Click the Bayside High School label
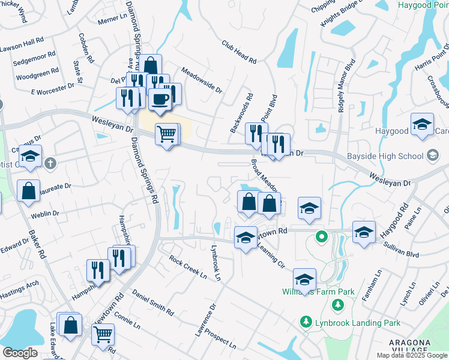pos(385,157)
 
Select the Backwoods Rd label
pos(242,113)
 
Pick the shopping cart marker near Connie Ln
pos(103,334)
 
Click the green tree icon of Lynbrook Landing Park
pos(307,323)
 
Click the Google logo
pos(20,352)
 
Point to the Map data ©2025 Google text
pos(411,355)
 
